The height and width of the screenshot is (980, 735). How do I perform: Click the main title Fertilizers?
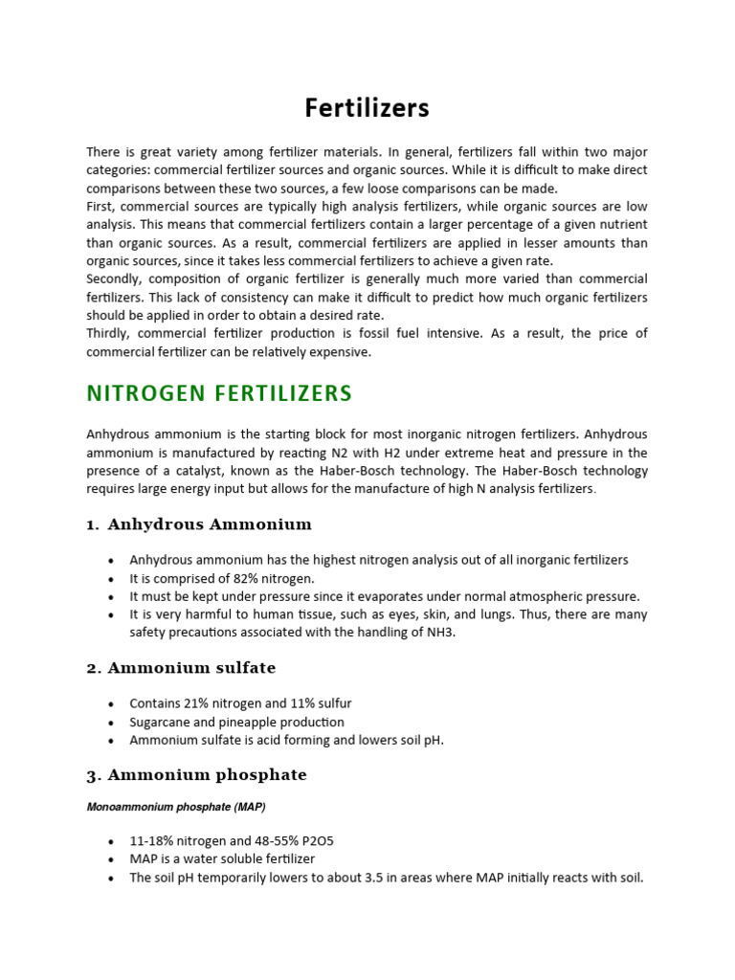[x=367, y=108]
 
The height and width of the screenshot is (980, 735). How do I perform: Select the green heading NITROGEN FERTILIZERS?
[x=219, y=393]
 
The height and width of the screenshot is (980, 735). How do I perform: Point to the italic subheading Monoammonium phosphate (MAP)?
[x=175, y=807]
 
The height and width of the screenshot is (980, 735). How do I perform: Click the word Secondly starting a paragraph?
[x=113, y=278]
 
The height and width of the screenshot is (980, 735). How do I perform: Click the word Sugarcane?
[x=160, y=722]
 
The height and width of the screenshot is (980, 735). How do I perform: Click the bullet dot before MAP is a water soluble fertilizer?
[x=112, y=859]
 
